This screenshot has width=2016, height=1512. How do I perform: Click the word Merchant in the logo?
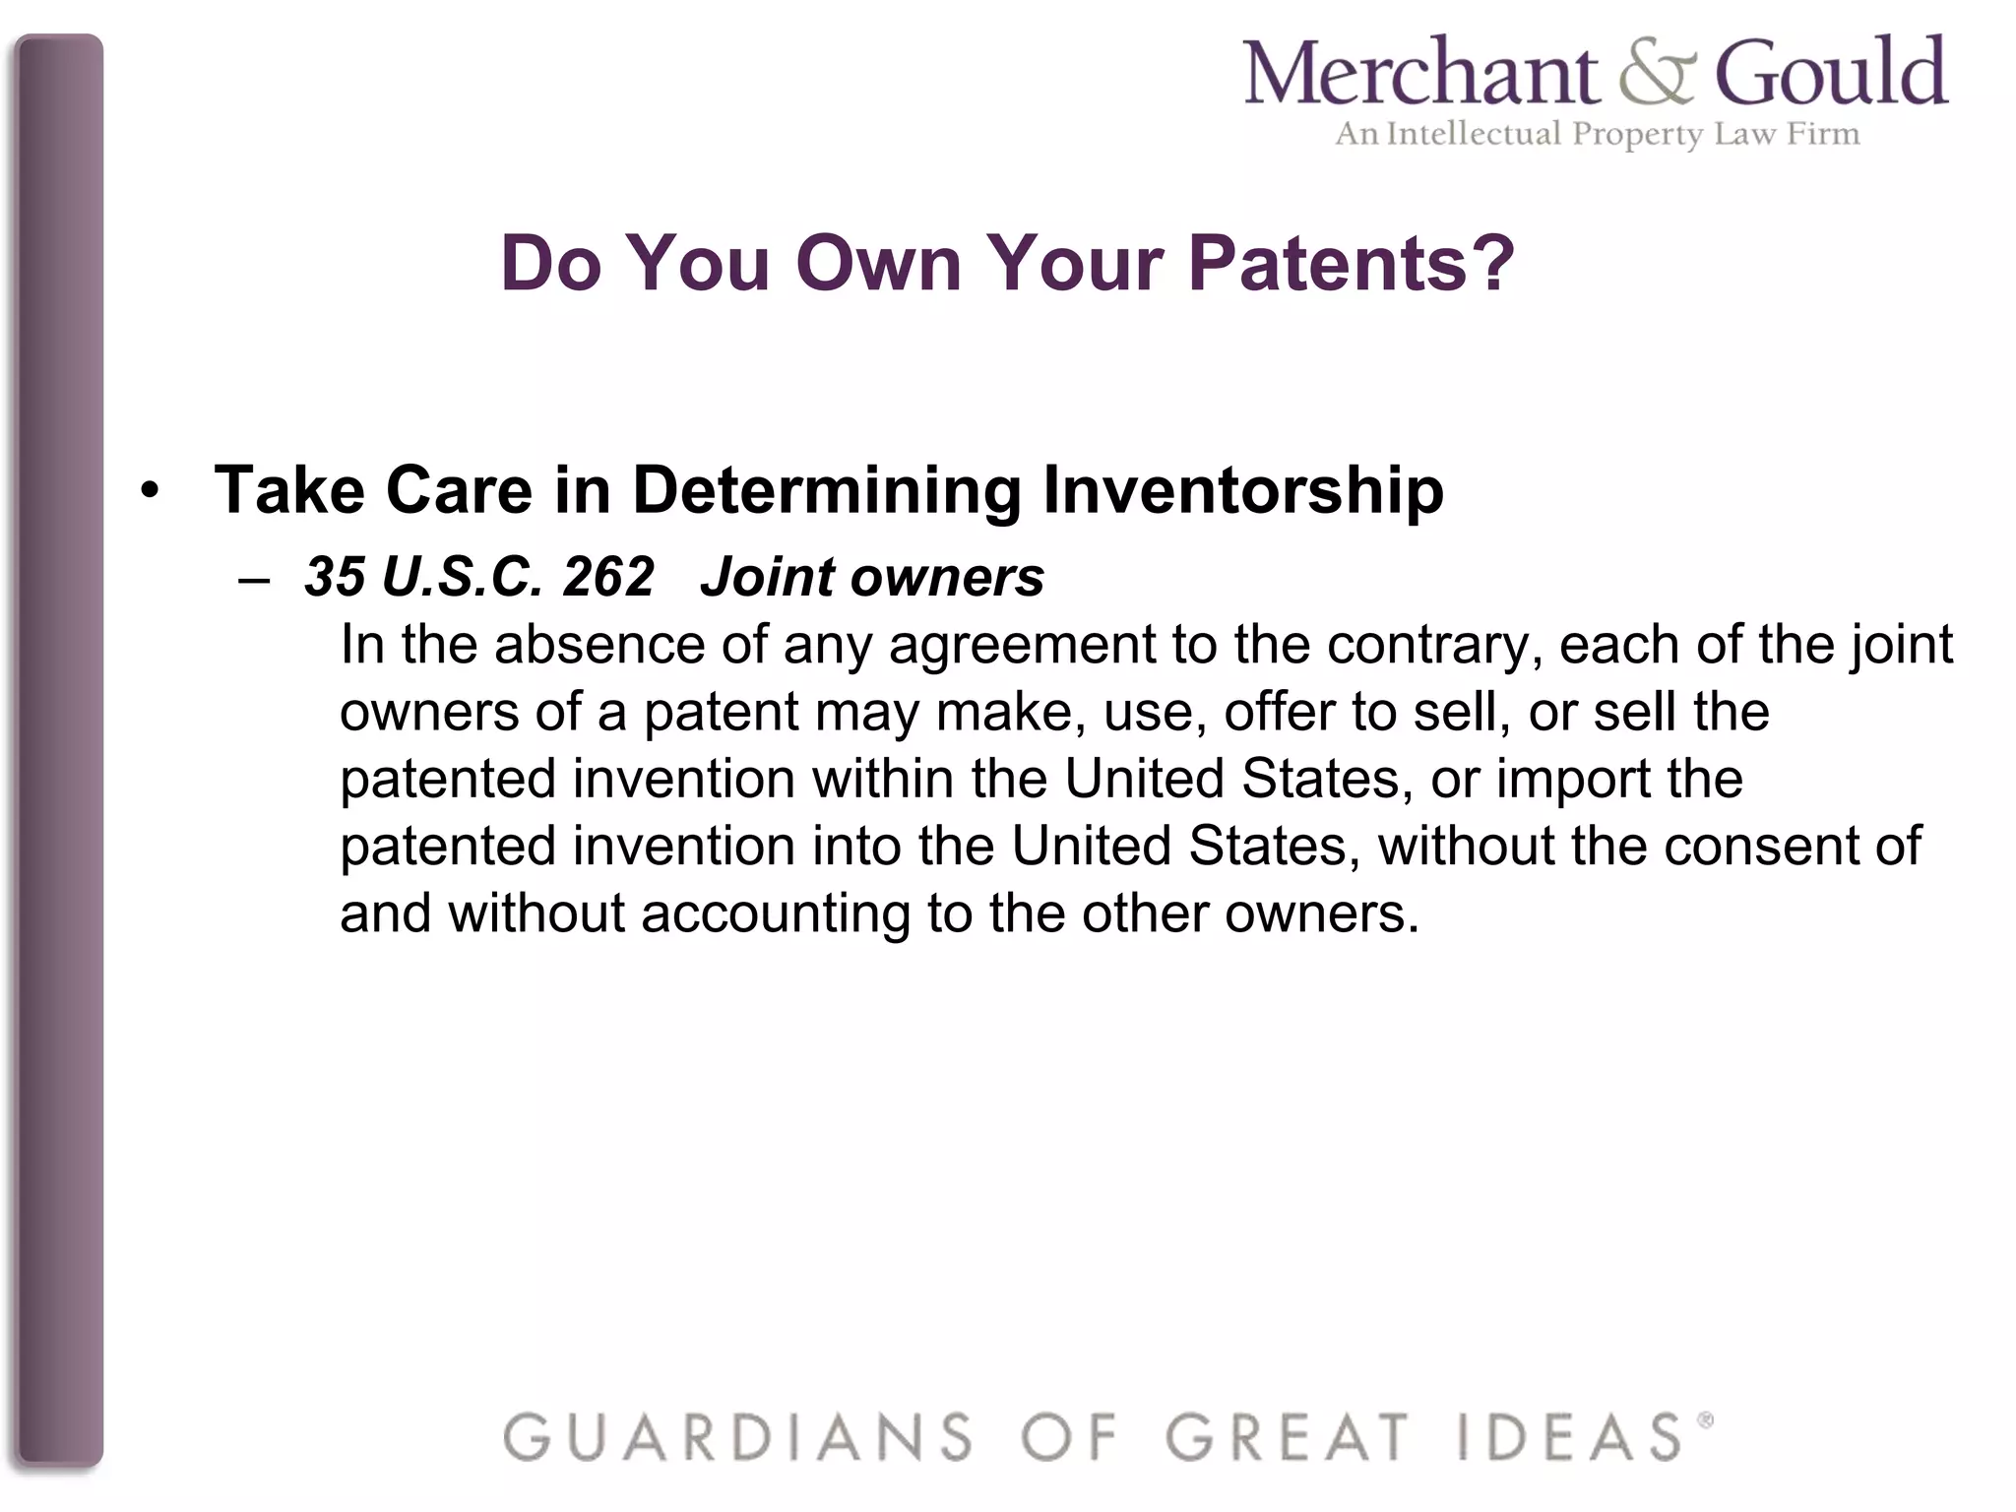pyautogui.click(x=1421, y=74)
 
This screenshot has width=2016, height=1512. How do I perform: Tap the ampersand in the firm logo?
pyautogui.click(x=1657, y=76)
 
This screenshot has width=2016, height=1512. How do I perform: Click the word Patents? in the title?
pyautogui.click(x=1352, y=264)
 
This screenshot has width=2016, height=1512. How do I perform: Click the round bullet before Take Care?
pyautogui.click(x=150, y=489)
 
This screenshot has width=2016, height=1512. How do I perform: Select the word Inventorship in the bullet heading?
pyautogui.click(x=1242, y=489)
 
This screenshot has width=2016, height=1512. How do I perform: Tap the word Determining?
pyautogui.click(x=827, y=489)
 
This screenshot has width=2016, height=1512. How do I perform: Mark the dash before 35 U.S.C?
pyautogui.click(x=254, y=580)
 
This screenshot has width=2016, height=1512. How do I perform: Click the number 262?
pyautogui.click(x=607, y=577)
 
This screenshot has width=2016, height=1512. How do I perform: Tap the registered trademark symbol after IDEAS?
pyautogui.click(x=1706, y=1419)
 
